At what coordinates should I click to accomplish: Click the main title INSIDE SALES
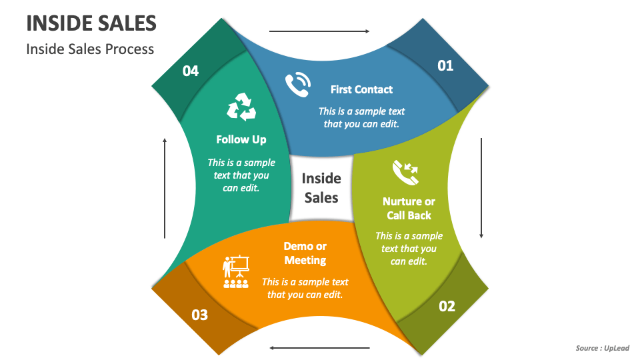tap(91, 23)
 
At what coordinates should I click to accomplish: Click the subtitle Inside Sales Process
tap(90, 49)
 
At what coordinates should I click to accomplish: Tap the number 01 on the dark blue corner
tap(445, 65)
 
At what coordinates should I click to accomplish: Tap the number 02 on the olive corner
tap(447, 306)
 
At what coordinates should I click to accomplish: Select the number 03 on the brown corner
tap(200, 315)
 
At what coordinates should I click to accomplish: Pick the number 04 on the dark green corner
tap(191, 71)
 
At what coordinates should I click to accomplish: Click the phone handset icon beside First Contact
tap(298, 85)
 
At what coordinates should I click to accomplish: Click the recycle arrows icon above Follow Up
tap(241, 107)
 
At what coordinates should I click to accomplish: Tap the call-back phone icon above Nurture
tap(405, 172)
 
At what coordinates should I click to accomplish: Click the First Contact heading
tap(361, 89)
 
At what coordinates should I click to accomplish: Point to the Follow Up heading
tap(241, 139)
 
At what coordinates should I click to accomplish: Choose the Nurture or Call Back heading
tap(409, 208)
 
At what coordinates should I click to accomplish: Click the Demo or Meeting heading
tap(305, 253)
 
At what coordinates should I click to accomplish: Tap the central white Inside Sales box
tap(321, 188)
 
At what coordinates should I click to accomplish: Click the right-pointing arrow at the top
tap(319, 31)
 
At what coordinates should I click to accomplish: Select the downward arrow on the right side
tap(481, 188)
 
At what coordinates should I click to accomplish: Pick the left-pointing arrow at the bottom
tap(319, 347)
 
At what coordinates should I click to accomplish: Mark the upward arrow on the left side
tap(165, 188)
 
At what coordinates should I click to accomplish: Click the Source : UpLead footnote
tap(602, 348)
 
